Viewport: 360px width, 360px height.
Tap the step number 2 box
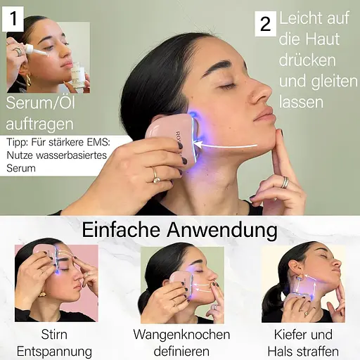(264, 24)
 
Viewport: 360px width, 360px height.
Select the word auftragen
(39, 124)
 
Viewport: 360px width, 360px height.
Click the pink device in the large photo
(169, 137)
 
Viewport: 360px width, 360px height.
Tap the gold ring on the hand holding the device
(155, 173)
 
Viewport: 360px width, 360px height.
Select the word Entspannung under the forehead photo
(54, 350)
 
